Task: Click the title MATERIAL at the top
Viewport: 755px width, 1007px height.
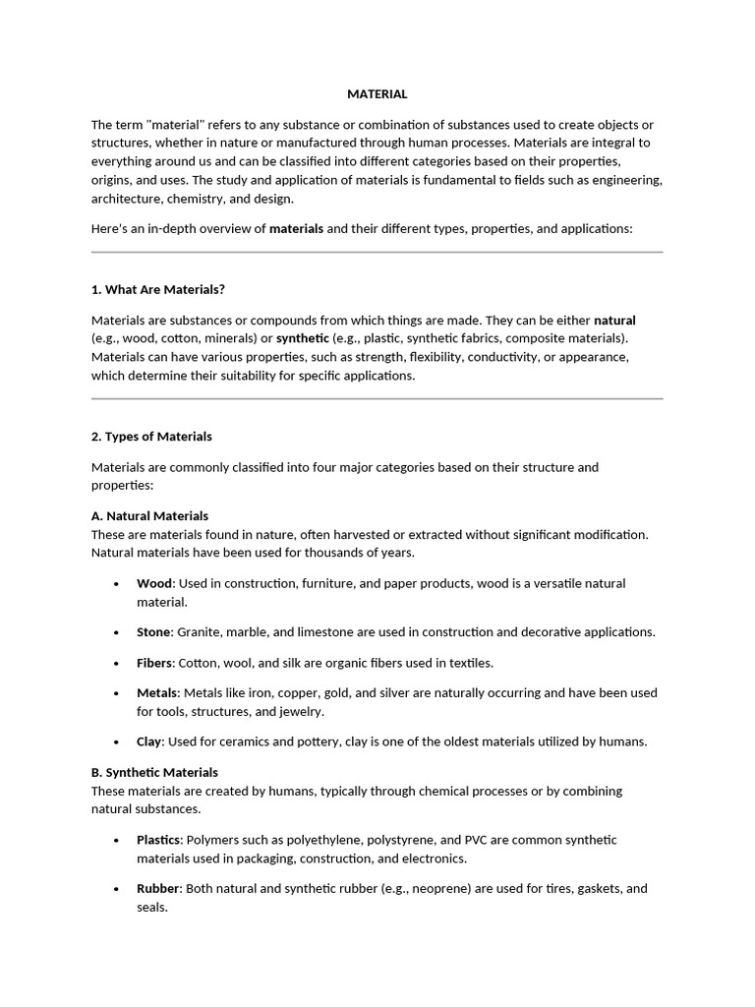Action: coord(377,94)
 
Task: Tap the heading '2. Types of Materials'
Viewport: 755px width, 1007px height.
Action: coord(151,437)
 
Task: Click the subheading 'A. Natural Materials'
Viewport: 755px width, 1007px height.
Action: coord(149,515)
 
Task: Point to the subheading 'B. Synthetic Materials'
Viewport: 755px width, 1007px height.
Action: coord(154,772)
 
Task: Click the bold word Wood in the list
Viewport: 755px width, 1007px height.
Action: coord(154,583)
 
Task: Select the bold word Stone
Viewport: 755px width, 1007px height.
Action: coord(153,631)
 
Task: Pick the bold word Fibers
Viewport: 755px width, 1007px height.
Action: coord(154,663)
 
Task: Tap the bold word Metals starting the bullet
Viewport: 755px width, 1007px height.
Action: coord(157,692)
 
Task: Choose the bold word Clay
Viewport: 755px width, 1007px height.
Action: coord(148,741)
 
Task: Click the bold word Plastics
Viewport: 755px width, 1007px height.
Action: coord(159,840)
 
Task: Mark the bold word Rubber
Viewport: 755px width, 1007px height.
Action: coord(158,888)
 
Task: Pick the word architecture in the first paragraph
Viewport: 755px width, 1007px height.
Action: coord(126,199)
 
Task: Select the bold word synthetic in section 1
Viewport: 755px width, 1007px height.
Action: coord(303,338)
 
